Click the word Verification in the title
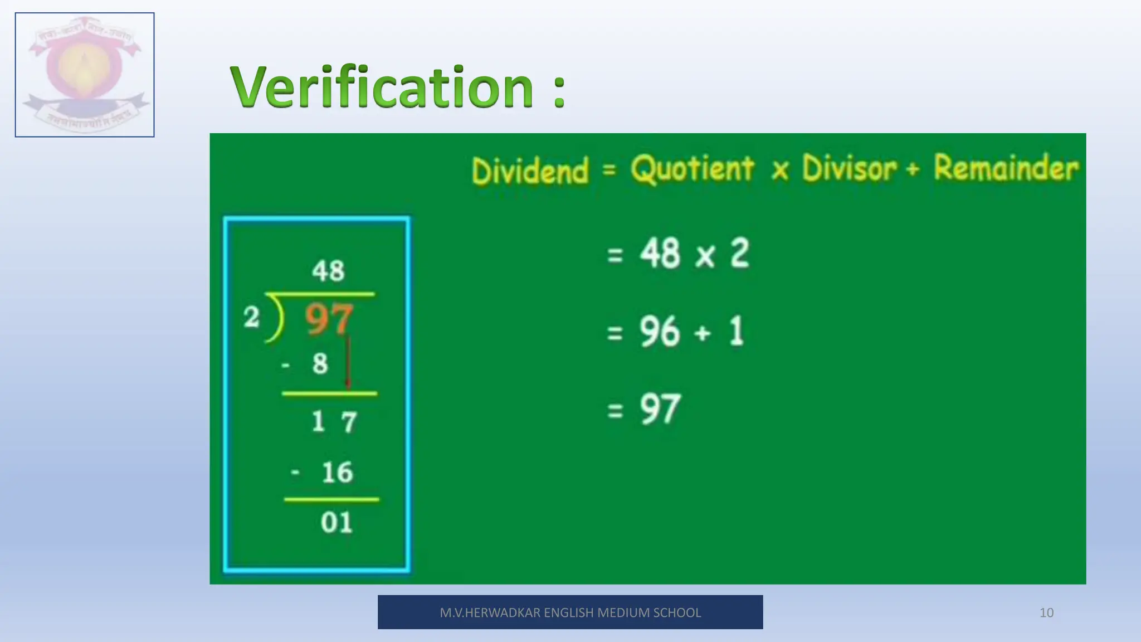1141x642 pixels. click(x=382, y=87)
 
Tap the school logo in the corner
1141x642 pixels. click(x=85, y=75)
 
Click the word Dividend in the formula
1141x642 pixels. click(x=530, y=171)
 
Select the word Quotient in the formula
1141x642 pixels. click(x=693, y=169)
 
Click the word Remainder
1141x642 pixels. click(x=1006, y=168)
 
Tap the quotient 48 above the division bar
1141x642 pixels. click(x=328, y=271)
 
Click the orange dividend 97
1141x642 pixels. click(x=329, y=319)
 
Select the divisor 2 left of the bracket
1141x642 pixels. click(x=251, y=318)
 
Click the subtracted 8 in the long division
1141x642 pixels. click(x=320, y=364)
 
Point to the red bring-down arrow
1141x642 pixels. click(x=348, y=362)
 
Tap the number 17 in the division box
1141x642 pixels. click(x=334, y=421)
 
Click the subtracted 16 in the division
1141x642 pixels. click(x=337, y=473)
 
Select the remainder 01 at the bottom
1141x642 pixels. click(x=337, y=523)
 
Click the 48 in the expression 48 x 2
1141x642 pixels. click(x=660, y=254)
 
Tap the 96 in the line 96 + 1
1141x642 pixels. click(x=660, y=332)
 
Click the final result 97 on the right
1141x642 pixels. click(x=660, y=410)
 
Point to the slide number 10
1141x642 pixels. click(x=1046, y=613)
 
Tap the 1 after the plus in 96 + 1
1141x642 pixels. click(x=737, y=332)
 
